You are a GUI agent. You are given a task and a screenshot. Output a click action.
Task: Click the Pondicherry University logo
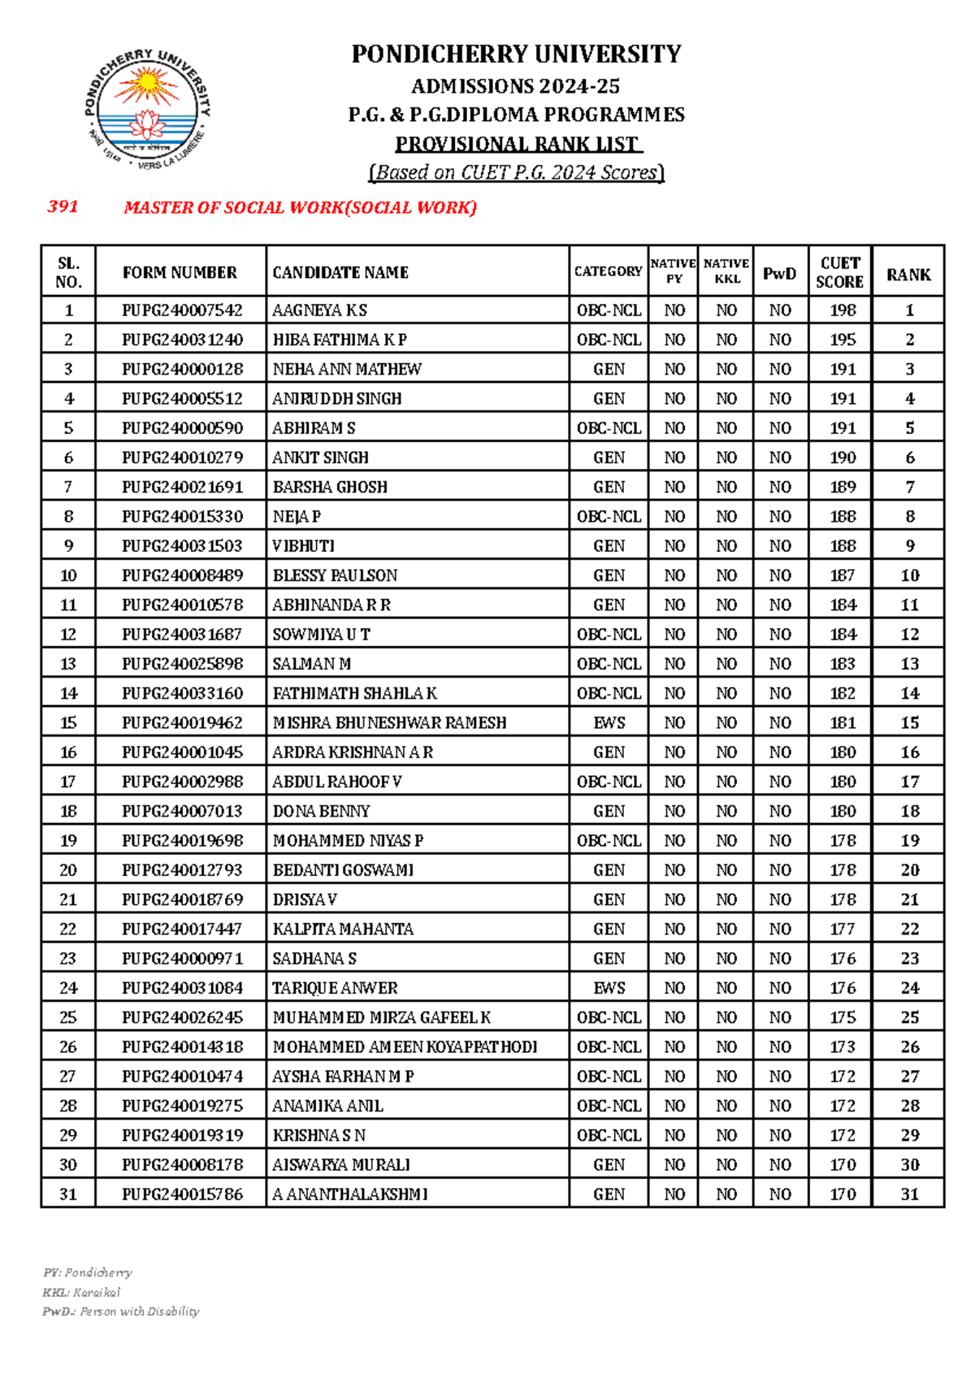147,110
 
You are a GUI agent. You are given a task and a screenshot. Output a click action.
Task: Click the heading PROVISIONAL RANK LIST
518,144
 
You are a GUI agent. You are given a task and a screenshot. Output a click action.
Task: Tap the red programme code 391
63,206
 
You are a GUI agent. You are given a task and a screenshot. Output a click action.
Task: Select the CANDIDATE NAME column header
340,272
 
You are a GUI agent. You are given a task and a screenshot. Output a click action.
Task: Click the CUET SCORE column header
839,272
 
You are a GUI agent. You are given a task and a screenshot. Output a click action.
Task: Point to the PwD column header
779,274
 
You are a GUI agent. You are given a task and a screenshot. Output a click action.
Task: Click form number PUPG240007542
182,310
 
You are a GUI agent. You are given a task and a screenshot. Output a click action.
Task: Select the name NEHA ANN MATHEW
347,369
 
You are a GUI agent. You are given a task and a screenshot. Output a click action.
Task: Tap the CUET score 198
843,310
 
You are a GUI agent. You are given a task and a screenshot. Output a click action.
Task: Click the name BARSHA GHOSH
330,487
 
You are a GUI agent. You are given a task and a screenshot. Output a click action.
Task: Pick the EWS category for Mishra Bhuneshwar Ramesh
609,722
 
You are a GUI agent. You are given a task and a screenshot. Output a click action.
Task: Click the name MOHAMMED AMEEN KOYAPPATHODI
405,1046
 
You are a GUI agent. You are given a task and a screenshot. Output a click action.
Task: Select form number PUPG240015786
182,1194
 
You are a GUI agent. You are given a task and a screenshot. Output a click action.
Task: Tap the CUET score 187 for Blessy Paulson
843,575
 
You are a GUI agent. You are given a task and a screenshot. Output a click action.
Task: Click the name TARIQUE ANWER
335,988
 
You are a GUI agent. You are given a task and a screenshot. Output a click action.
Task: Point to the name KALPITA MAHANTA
343,929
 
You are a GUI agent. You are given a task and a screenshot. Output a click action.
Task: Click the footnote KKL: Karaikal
81,1292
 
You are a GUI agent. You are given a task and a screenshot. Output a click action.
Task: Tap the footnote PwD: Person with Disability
120,1311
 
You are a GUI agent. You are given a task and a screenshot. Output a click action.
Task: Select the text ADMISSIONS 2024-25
516,86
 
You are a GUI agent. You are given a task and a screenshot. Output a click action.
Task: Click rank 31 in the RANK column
909,1194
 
